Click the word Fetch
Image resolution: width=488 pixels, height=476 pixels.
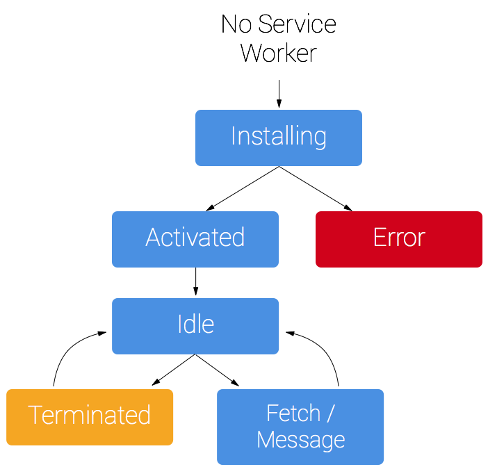point(293,413)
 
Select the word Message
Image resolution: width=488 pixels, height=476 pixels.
point(300,440)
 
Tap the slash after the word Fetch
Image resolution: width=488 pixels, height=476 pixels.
point(330,413)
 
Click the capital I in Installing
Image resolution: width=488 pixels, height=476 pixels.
point(234,136)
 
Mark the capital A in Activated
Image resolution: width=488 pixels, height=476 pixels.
point(154,238)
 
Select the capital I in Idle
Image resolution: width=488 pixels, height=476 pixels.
point(180,325)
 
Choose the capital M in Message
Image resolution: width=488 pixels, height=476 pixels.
point(266,440)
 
